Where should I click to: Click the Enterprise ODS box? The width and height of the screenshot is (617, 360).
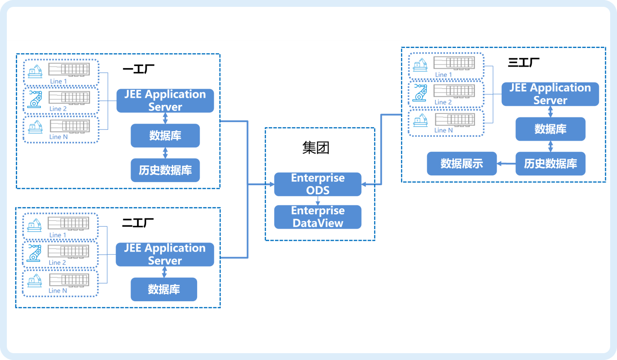click(x=317, y=184)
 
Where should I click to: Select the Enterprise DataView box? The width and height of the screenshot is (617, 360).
click(x=317, y=217)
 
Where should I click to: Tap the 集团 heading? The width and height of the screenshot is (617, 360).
click(x=315, y=148)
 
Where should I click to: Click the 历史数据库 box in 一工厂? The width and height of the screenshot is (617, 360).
click(x=165, y=170)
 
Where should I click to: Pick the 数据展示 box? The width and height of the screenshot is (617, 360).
click(x=461, y=163)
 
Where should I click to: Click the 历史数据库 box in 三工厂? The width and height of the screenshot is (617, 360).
click(x=550, y=163)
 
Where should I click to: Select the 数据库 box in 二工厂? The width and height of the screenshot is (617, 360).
click(x=164, y=289)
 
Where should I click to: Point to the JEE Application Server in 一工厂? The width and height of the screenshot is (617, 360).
click(x=165, y=101)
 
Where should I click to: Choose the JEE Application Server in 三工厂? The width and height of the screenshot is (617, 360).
click(x=550, y=94)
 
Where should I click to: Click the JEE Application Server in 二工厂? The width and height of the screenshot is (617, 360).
click(x=165, y=254)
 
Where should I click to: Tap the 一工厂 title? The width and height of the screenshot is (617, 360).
click(x=138, y=69)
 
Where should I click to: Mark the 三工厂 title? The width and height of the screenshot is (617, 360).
click(x=524, y=63)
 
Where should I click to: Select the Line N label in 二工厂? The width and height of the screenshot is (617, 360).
click(x=58, y=291)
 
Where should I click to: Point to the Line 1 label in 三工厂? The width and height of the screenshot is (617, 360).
click(x=443, y=75)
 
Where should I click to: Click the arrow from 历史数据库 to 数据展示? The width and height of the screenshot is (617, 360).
click(x=506, y=163)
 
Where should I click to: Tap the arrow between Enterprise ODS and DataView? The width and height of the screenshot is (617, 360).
click(x=317, y=201)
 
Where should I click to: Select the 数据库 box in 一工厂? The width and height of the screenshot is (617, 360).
click(x=165, y=135)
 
